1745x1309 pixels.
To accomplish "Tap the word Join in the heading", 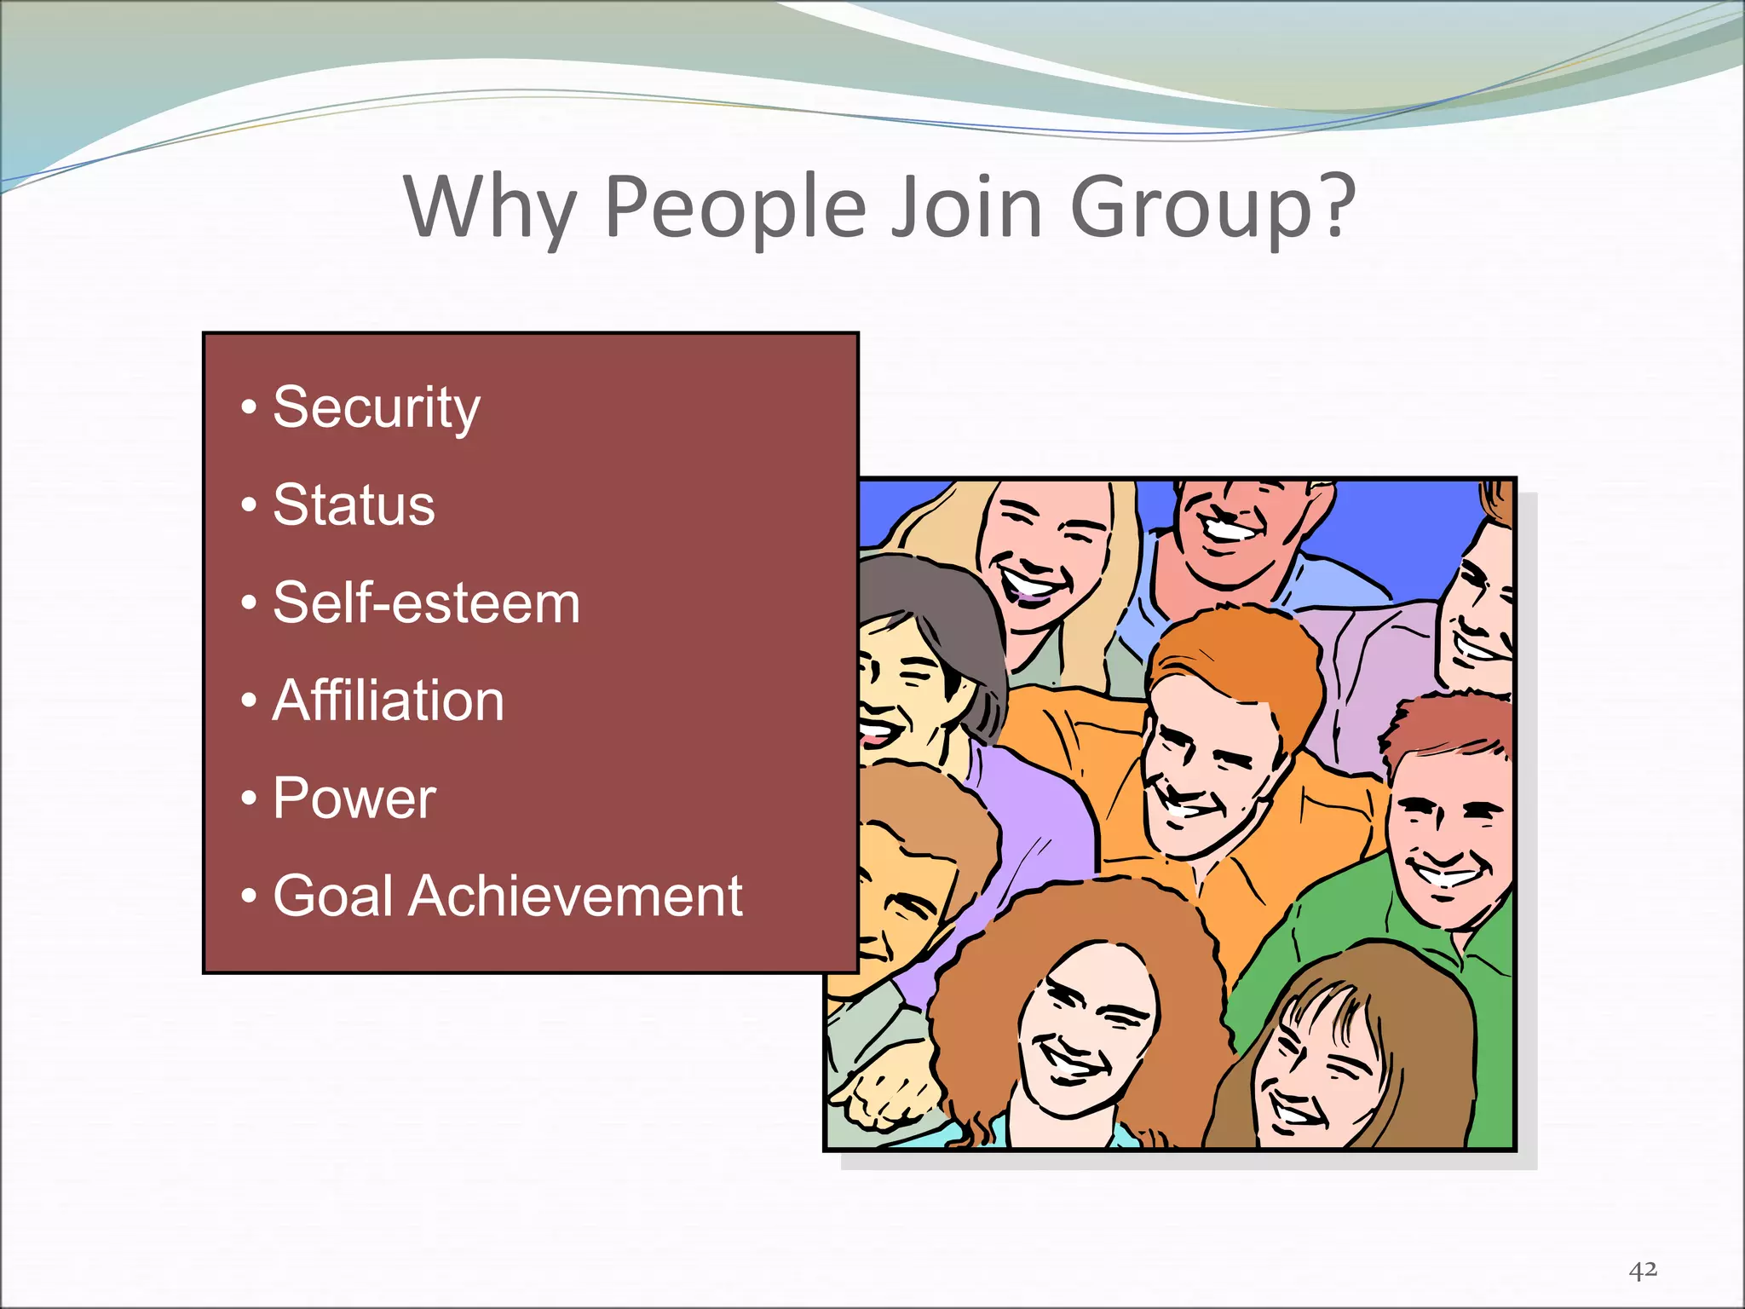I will click(x=966, y=207).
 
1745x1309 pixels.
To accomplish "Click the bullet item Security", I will click(x=376, y=408).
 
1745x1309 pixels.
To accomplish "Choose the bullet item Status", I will click(x=354, y=505).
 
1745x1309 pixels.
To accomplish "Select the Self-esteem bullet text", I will click(x=426, y=603).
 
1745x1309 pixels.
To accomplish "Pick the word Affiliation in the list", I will click(x=389, y=701).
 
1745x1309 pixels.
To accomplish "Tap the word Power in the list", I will click(x=354, y=799).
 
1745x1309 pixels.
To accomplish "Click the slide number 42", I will click(x=1643, y=1271).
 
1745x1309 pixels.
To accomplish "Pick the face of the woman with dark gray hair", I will click(x=895, y=682).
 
